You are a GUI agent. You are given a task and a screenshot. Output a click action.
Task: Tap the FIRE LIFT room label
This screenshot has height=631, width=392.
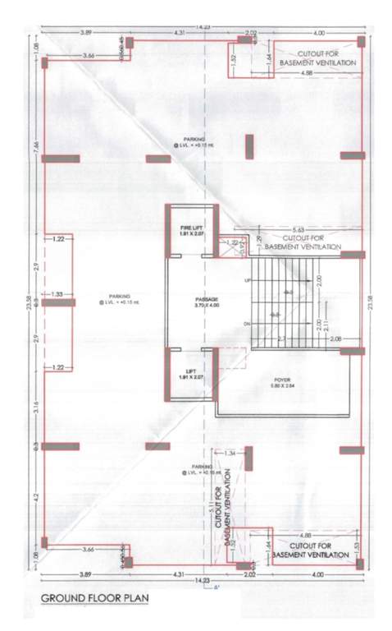click(x=189, y=231)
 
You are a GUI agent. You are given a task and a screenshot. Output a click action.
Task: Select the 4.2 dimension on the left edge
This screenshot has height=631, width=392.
click(x=36, y=496)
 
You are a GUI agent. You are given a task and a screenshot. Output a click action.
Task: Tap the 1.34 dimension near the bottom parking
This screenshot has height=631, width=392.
click(x=229, y=453)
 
